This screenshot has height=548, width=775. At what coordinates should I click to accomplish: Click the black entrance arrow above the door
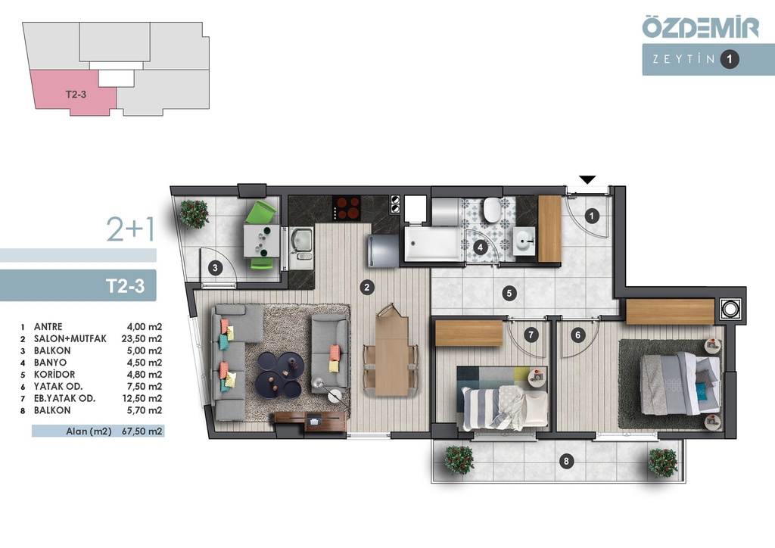(587, 180)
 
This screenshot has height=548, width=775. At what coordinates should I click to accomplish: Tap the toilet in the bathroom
(492, 210)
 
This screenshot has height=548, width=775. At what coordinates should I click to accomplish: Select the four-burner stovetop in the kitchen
(347, 207)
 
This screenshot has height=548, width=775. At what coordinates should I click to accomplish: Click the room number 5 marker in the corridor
(509, 293)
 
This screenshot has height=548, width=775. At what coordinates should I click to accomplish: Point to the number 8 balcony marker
(566, 462)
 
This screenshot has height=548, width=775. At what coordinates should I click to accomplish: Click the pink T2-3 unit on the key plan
(75, 93)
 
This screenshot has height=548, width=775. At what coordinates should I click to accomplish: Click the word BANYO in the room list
(50, 363)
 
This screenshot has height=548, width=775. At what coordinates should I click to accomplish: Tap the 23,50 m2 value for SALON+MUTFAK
(142, 339)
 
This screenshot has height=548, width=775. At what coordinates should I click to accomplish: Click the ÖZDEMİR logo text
(700, 27)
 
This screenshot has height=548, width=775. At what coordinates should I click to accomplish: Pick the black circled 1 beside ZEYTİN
(729, 59)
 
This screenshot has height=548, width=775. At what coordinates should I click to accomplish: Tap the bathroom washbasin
(524, 241)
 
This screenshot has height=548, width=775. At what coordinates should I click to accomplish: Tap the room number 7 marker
(531, 335)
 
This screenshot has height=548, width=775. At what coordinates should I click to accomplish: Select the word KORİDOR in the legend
(54, 375)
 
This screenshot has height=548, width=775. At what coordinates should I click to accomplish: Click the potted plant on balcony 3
(195, 213)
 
